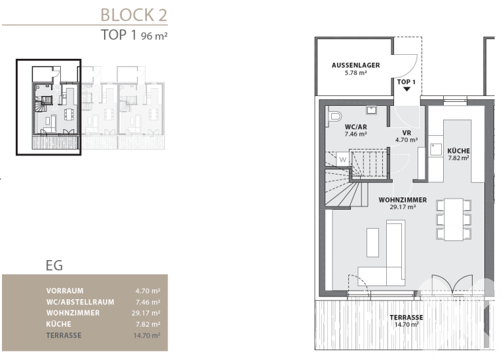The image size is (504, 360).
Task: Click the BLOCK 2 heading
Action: click(134, 15)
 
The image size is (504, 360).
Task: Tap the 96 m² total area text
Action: click(154, 36)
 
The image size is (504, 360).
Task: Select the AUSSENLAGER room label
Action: click(356, 65)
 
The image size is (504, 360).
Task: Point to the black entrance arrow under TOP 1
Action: click(406, 90)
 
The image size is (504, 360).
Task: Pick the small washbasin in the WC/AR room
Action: click(371, 110)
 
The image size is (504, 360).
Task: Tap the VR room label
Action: click(406, 133)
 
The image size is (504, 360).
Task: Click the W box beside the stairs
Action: click(343, 159)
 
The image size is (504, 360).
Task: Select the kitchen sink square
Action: click(436, 150)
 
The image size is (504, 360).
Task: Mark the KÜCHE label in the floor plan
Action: click(458, 151)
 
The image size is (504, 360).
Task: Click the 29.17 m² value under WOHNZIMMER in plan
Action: click(403, 207)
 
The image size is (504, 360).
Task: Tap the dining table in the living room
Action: click(454, 220)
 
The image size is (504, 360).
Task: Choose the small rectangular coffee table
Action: click(372, 242)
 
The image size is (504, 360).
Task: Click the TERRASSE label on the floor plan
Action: click(406, 318)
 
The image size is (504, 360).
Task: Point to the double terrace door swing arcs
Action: click(452, 284)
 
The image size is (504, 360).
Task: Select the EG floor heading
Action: click(54, 265)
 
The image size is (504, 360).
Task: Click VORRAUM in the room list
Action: click(65, 291)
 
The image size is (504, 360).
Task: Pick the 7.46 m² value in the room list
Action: click(148, 302)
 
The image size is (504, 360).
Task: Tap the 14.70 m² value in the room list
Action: click(147, 335)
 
